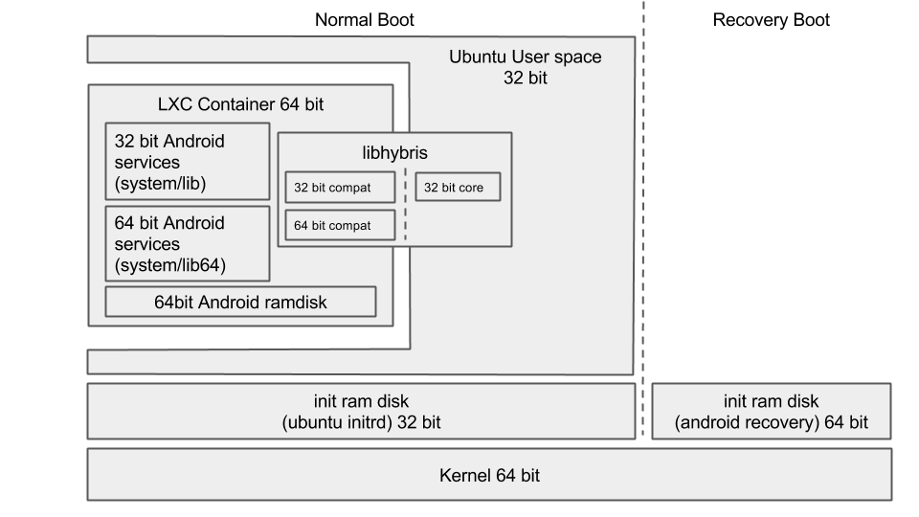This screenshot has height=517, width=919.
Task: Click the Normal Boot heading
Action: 365,19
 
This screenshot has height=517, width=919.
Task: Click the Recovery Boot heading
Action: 771,19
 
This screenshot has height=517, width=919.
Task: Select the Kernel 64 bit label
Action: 489,474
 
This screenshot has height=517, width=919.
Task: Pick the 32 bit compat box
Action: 340,188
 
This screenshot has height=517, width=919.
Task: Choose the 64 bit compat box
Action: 340,225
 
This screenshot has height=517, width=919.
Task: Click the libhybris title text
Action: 394,152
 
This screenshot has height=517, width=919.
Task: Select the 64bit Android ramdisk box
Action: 240,302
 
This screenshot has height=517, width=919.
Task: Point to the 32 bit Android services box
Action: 187,161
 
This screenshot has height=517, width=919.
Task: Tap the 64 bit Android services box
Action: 187,243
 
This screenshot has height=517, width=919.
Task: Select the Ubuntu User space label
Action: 526,56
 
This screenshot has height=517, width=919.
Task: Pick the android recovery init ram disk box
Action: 772,411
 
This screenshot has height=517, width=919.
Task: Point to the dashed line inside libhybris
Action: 405,205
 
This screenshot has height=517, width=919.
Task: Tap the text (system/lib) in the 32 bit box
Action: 160,183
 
